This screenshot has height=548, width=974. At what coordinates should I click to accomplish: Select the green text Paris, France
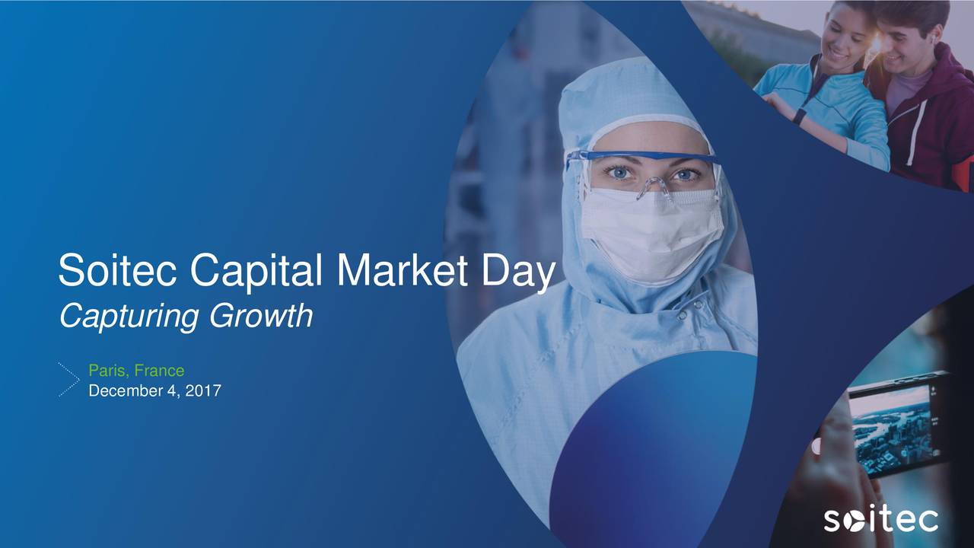click(x=136, y=371)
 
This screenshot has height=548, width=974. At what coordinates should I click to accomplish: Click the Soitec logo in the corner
click(x=880, y=520)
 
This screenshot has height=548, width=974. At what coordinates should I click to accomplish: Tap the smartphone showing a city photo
click(x=898, y=422)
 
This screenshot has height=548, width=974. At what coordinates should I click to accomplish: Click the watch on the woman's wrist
click(x=798, y=116)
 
